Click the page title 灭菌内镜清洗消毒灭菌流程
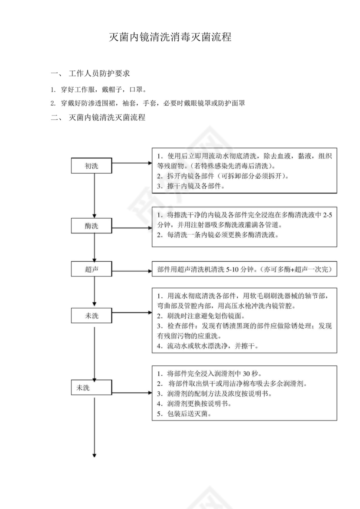tap(170, 38)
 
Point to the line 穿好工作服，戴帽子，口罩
tap(102, 90)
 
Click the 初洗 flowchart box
tap(91, 165)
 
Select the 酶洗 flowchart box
tap(91, 226)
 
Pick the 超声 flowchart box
tap(91, 269)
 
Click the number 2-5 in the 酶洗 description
tap(328, 215)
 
